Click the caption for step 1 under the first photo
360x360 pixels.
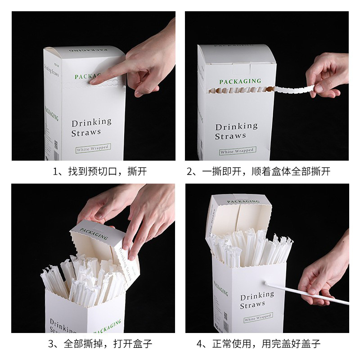click(100, 171)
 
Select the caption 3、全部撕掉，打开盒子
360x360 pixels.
click(100, 344)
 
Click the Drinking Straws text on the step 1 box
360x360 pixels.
click(91, 127)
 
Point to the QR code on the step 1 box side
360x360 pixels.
click(56, 145)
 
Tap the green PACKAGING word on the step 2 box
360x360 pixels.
click(240, 81)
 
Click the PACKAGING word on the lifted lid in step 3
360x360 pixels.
click(94, 234)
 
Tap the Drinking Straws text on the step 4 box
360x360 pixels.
click(256, 300)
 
